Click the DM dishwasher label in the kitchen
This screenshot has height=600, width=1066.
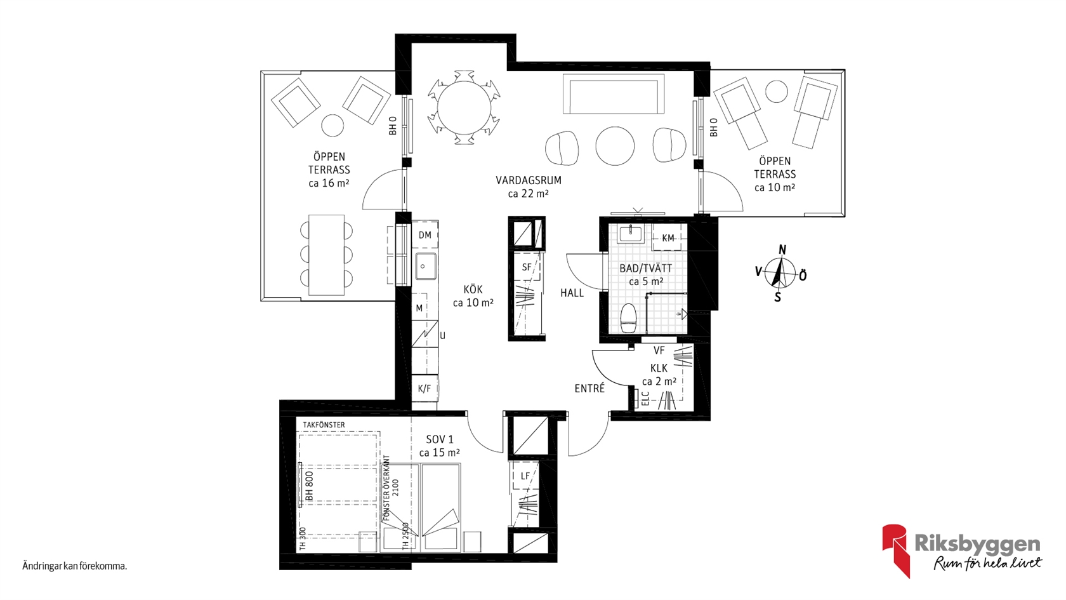click(x=425, y=235)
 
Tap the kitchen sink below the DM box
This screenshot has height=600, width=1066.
click(x=425, y=265)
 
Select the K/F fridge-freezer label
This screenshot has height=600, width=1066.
click(x=424, y=389)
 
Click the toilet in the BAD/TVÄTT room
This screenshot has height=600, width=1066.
click(x=629, y=317)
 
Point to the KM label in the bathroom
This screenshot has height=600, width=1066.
click(x=668, y=238)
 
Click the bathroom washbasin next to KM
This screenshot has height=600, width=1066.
click(x=630, y=234)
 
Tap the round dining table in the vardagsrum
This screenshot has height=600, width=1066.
click(x=464, y=108)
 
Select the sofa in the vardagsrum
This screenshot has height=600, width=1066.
click(x=614, y=93)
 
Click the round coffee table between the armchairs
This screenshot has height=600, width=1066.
click(x=615, y=146)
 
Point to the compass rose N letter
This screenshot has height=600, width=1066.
click(x=782, y=250)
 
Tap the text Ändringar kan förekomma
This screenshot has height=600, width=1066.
click(x=75, y=566)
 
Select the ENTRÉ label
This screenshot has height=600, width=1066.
click(x=589, y=389)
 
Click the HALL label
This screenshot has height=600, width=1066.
click(x=572, y=293)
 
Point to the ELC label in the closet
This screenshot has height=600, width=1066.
click(x=645, y=399)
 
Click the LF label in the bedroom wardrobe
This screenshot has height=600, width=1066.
click(x=525, y=476)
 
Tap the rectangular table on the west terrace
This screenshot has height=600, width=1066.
click(x=326, y=255)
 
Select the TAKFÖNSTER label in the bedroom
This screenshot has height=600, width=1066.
click(x=324, y=425)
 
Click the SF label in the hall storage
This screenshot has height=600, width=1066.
click(x=527, y=267)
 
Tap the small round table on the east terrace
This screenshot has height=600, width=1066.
click(x=776, y=91)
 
